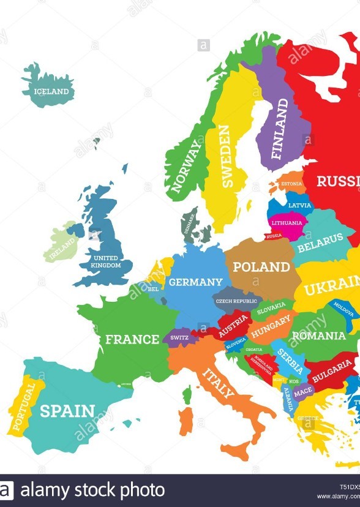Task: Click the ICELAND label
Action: click(x=51, y=92)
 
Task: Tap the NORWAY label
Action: click(x=186, y=166)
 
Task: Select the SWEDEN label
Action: click(x=225, y=156)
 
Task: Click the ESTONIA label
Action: click(x=291, y=184)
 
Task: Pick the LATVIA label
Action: click(x=300, y=205)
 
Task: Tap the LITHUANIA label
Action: click(x=286, y=223)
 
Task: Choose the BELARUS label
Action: click(x=321, y=240)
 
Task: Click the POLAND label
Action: click(x=261, y=267)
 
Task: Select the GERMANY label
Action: click(x=196, y=282)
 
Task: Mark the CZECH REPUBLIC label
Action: click(x=236, y=301)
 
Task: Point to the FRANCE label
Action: click(x=132, y=339)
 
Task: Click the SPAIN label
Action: click(x=67, y=411)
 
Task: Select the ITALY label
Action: click(x=219, y=383)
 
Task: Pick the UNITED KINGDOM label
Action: click(x=105, y=261)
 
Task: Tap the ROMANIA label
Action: click(x=318, y=336)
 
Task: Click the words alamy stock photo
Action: click(x=92, y=490)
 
